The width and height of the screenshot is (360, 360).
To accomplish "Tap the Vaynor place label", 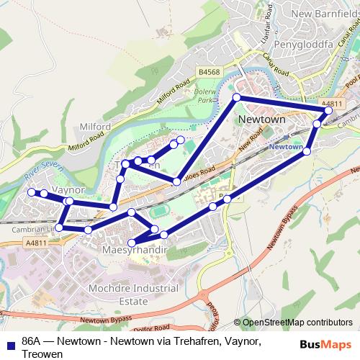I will (x=70, y=189).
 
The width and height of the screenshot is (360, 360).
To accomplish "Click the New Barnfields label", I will (x=325, y=14).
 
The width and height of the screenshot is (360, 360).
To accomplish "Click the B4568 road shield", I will (x=208, y=72).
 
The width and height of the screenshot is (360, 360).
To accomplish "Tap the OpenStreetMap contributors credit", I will (x=297, y=323).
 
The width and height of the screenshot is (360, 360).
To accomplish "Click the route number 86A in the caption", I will (x=33, y=341).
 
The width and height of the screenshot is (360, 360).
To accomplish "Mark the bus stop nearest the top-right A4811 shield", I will (x=328, y=111).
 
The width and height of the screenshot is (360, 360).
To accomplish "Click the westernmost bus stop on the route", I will (x=31, y=192).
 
